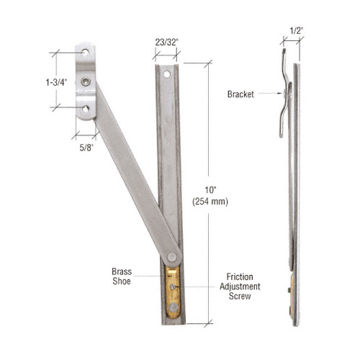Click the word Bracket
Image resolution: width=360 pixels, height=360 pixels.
click(240, 94)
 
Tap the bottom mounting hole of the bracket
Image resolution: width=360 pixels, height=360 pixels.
click(86, 109)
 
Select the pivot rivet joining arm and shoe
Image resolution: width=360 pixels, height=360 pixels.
click(172, 256)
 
